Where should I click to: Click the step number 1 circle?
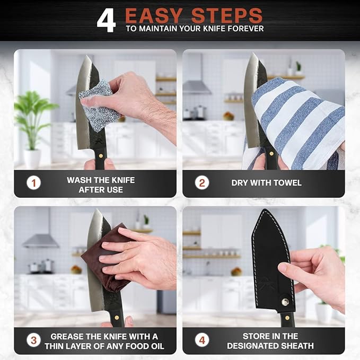pos(33,183)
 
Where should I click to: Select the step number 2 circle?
pos(201,183)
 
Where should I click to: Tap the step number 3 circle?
pos(33,340)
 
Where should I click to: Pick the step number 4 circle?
pos(201,340)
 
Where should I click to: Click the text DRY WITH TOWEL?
pos(266,183)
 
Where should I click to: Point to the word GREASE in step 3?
pos(68,336)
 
